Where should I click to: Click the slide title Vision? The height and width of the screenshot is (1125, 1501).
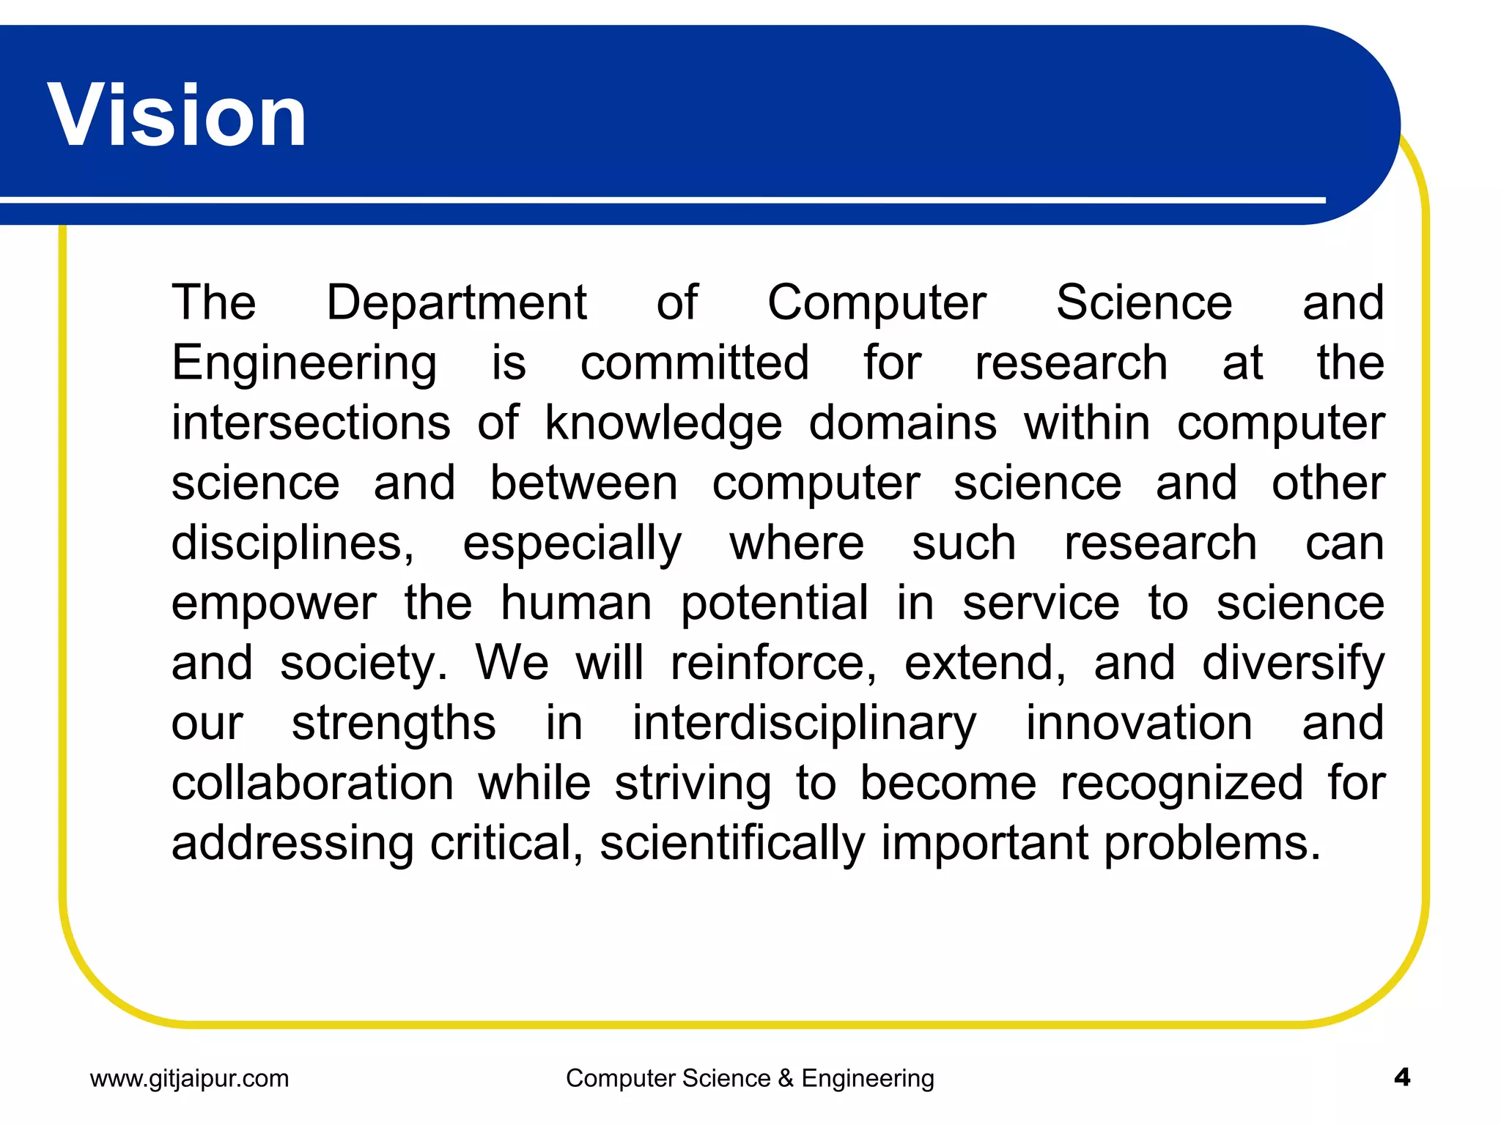177,116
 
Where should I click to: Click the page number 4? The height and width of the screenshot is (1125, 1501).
1402,1077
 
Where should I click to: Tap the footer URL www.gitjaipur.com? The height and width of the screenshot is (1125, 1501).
189,1078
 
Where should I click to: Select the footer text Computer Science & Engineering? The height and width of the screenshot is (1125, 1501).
750,1078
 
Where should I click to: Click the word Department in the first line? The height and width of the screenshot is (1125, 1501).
456,302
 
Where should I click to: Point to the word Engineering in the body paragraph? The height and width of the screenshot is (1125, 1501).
304,364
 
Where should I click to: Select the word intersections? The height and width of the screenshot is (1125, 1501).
311,423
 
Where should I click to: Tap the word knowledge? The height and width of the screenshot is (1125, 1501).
663,425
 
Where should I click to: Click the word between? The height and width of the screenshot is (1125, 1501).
583,483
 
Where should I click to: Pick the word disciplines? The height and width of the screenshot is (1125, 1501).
292,545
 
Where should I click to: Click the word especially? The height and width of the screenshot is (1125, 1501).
572,545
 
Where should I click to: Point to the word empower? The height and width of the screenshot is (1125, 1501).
273,605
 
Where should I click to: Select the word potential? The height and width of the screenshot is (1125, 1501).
774,605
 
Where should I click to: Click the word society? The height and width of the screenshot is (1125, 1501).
364,664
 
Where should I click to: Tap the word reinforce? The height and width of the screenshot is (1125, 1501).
773,664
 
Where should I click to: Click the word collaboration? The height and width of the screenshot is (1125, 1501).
312,783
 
